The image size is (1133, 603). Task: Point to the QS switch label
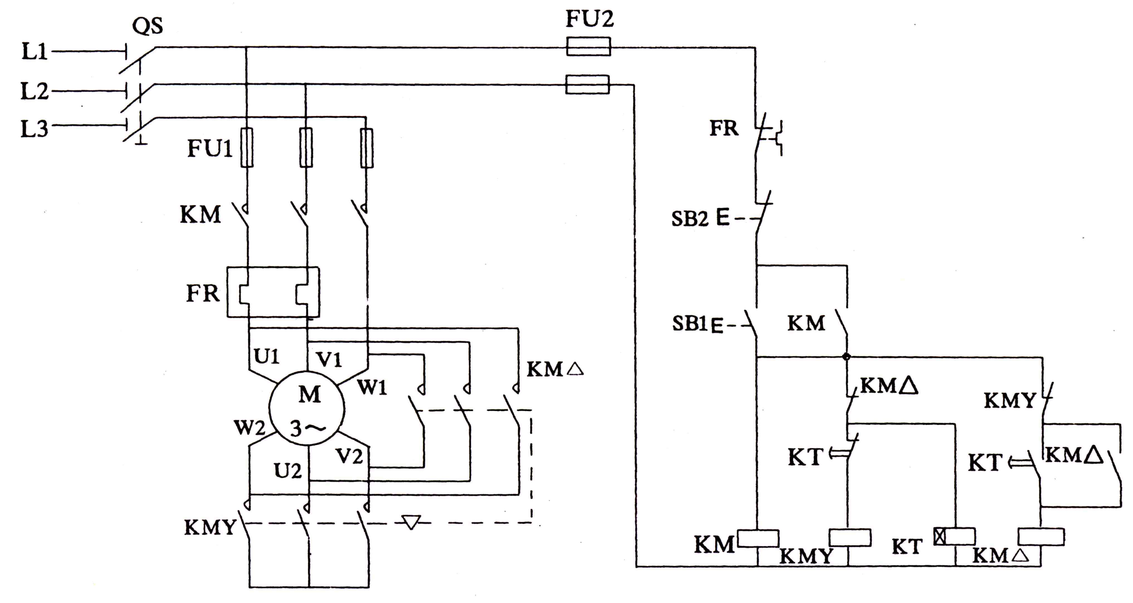click(x=147, y=26)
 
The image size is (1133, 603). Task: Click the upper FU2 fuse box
click(x=588, y=46)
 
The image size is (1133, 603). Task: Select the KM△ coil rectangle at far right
click(x=1041, y=537)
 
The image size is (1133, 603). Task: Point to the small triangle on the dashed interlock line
click(x=411, y=522)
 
